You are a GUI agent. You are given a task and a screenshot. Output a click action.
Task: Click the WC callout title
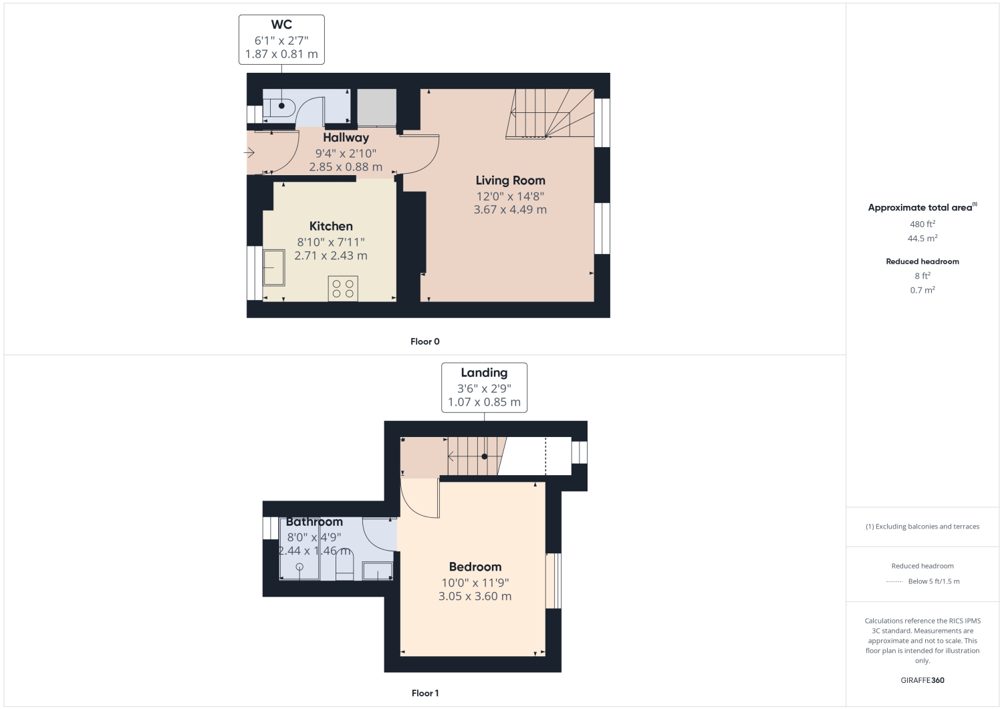[x=281, y=25]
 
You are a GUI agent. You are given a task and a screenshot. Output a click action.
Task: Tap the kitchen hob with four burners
[x=343, y=289]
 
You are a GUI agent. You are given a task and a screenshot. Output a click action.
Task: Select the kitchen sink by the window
[x=274, y=267]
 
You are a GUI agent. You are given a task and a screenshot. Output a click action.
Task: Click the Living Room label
[x=510, y=180]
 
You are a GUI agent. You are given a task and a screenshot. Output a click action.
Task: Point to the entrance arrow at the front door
[x=249, y=153]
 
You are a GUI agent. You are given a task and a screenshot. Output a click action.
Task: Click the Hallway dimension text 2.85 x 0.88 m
[x=346, y=167]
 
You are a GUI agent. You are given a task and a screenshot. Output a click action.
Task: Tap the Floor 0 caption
[x=425, y=341]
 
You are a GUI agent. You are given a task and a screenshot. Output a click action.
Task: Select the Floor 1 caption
[x=425, y=693]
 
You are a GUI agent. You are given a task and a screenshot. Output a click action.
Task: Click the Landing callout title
[x=484, y=373]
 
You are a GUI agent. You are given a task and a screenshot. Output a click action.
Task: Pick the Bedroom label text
[x=475, y=567]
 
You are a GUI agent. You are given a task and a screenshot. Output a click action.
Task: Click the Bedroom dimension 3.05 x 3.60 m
[x=475, y=596]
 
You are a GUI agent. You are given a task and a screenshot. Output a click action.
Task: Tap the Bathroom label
[x=314, y=522]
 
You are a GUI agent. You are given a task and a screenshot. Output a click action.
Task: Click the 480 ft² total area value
[x=922, y=224]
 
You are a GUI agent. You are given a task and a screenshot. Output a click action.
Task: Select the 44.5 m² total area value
[x=922, y=239]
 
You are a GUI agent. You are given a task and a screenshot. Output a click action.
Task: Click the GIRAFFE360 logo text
[x=922, y=680]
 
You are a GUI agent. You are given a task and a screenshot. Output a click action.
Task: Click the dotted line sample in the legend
[x=894, y=581]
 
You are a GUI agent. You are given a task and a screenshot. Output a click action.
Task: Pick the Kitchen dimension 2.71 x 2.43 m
[x=331, y=256]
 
